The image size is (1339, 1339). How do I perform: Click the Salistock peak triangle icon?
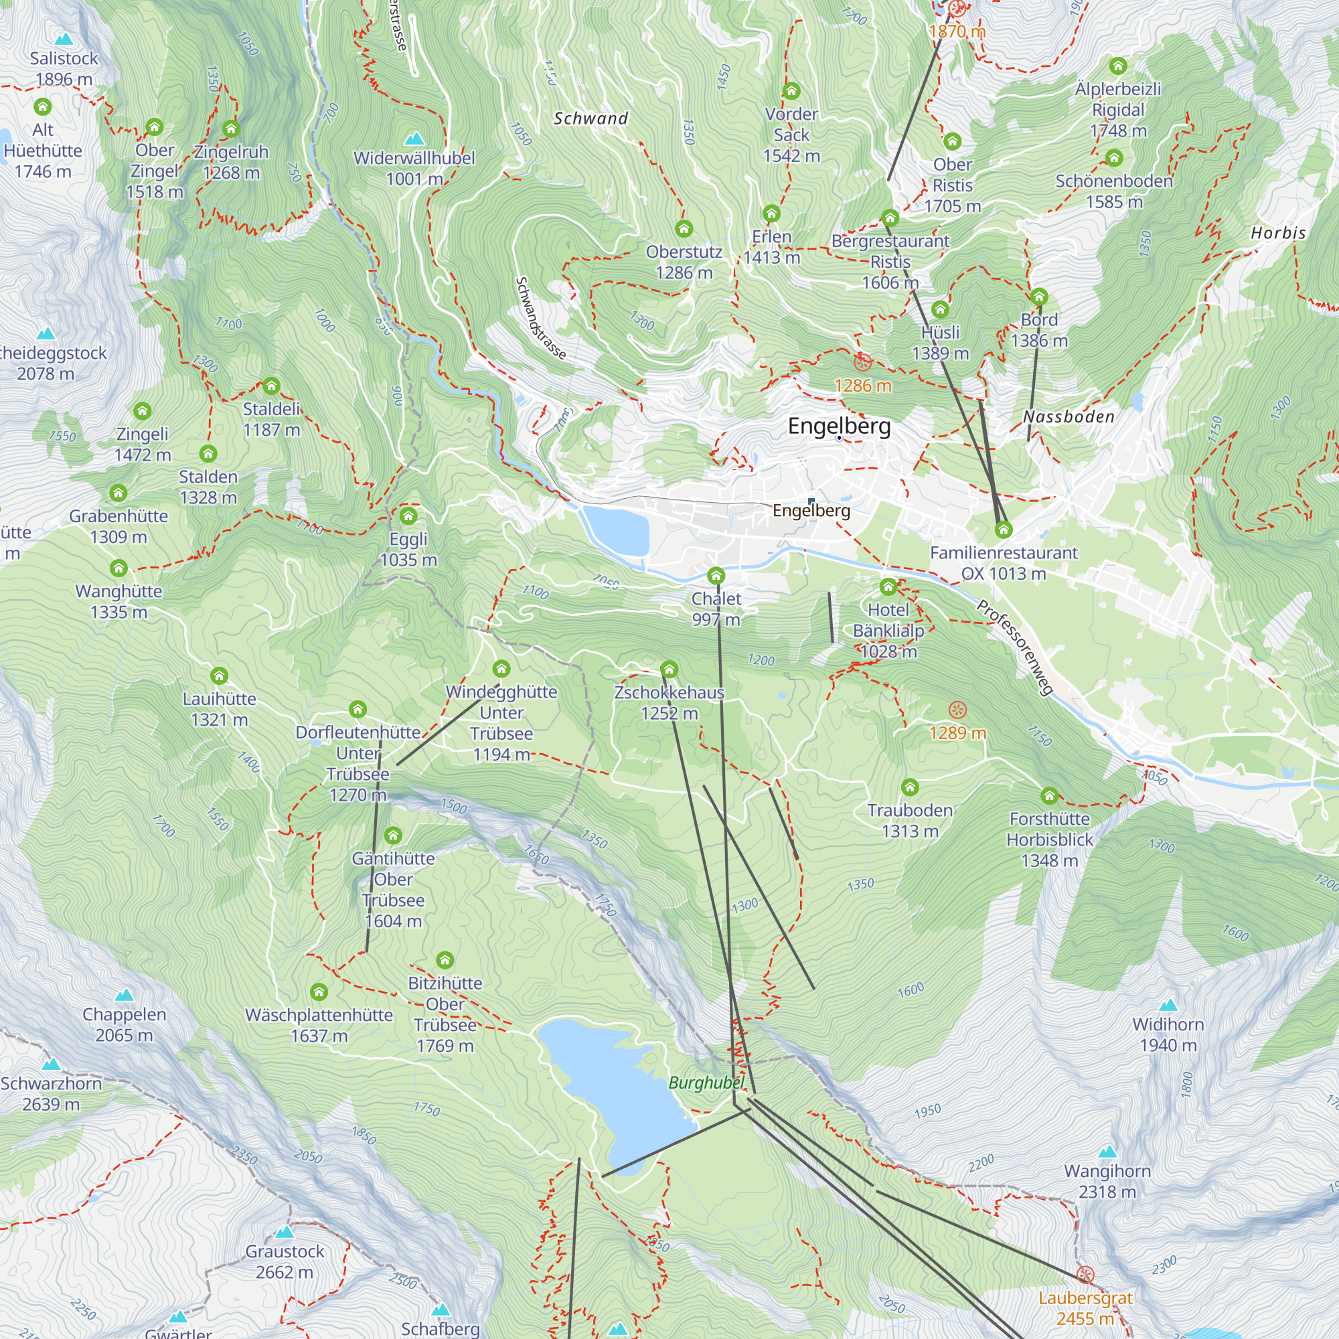pos(64,39)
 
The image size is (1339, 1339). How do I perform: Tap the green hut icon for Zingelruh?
pos(231,129)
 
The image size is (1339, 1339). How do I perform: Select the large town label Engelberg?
pos(839,426)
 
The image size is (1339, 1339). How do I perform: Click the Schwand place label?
pos(590,119)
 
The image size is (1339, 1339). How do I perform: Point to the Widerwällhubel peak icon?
pos(414,139)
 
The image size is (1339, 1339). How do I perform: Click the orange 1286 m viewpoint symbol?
pos(862,362)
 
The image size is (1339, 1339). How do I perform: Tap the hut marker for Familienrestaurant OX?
pos(1003,530)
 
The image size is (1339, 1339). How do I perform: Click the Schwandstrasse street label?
pos(540,318)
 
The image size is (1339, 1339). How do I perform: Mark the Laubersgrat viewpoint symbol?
pos(1085,1275)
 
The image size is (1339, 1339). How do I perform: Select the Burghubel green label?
pos(706,1083)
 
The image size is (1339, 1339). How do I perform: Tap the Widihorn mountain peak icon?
pos(1168,1005)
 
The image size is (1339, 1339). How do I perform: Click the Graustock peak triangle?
pos(284,1233)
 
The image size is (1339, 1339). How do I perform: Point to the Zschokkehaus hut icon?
pos(669,669)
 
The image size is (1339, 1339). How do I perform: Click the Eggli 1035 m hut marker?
pos(408,516)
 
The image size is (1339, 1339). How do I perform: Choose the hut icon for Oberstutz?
pos(684,229)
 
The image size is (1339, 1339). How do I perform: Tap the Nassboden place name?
pos(1068,416)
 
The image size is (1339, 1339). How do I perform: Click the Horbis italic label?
pos(1278,233)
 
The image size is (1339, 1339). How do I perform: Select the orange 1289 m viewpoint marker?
pos(957,710)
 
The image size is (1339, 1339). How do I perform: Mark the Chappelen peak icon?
pos(124,996)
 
